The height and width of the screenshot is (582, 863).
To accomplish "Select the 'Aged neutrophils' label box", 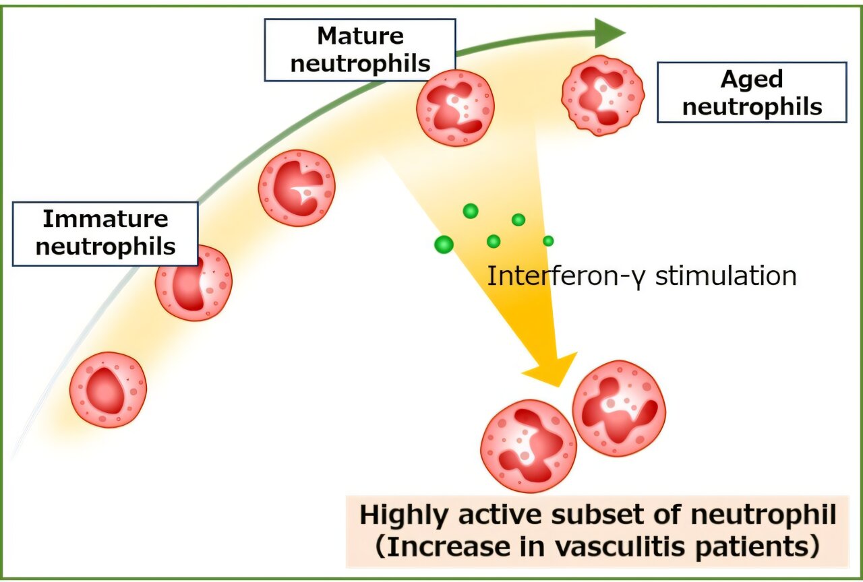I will pyautogui.click(x=752, y=93).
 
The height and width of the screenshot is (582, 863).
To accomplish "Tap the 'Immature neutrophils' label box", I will pyautogui.click(x=106, y=233).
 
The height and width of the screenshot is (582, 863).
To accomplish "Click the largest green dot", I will pyautogui.click(x=444, y=245).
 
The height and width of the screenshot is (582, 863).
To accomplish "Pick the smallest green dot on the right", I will pyautogui.click(x=548, y=240).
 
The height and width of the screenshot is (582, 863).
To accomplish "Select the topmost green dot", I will pyautogui.click(x=471, y=211).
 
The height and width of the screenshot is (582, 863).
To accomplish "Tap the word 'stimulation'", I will pyautogui.click(x=725, y=276).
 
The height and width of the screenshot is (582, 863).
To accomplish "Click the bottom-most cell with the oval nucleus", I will pyautogui.click(x=108, y=390).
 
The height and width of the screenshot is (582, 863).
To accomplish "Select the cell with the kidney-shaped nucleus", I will pyautogui.click(x=194, y=283).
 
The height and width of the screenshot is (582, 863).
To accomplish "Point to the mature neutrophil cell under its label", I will pyautogui.click(x=455, y=107).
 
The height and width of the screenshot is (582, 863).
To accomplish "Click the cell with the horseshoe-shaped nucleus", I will pyautogui.click(x=297, y=188).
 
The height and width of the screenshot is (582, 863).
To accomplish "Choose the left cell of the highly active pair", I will pyautogui.click(x=528, y=446).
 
